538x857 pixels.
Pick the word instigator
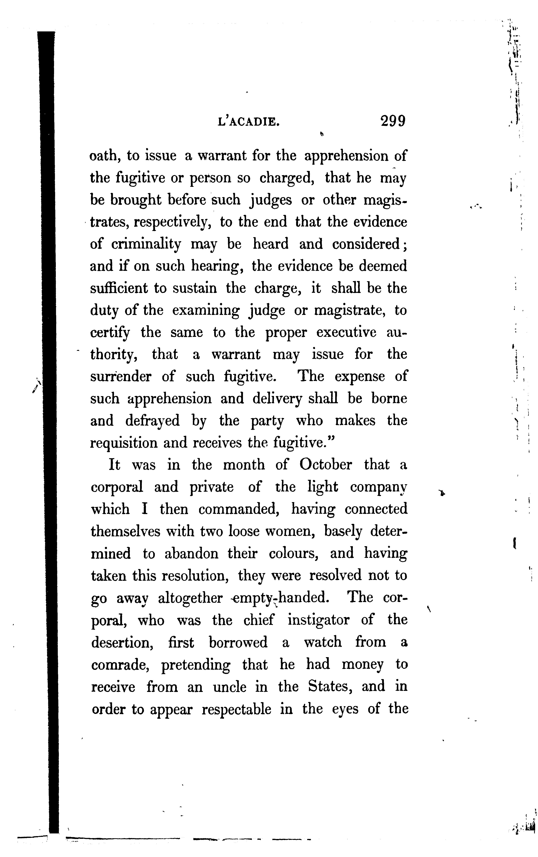318,620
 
